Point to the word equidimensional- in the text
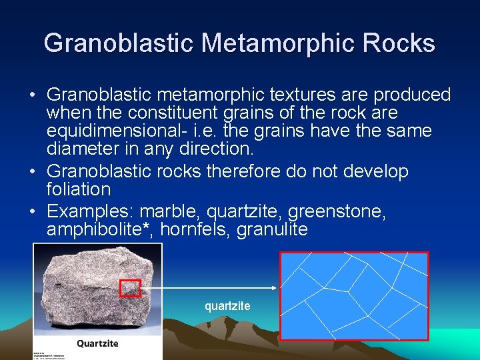click(x=112, y=131)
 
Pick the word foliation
click(x=79, y=189)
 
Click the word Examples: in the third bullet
click(x=89, y=212)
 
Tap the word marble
click(x=170, y=212)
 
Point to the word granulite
click(x=276, y=230)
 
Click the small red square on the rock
click(x=130, y=288)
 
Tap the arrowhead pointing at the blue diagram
click(x=273, y=288)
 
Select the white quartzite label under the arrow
click(x=227, y=306)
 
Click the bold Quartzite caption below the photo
click(x=97, y=343)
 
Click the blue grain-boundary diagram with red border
click(x=353, y=296)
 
